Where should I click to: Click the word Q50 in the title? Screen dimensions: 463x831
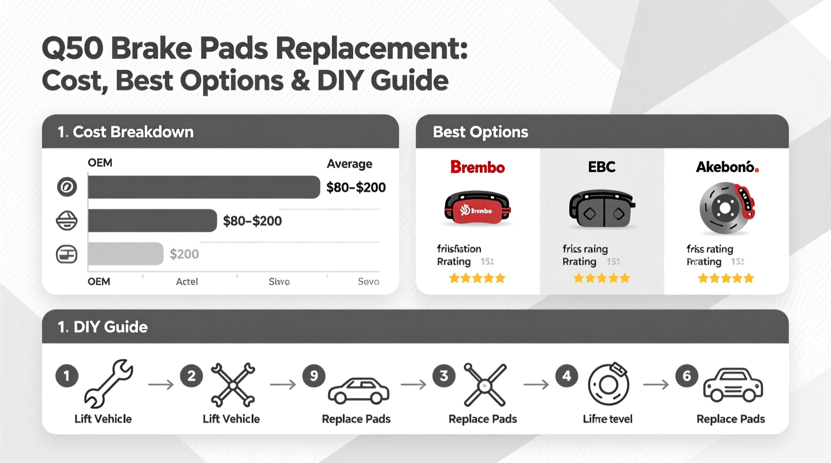[72, 49]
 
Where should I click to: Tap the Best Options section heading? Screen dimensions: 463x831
[480, 132]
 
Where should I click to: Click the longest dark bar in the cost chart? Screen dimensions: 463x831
[204, 187]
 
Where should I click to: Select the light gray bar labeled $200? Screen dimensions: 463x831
[125, 254]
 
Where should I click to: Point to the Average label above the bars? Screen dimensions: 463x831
[349, 164]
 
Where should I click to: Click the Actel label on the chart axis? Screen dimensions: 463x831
[187, 281]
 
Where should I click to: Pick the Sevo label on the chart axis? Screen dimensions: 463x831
[368, 281]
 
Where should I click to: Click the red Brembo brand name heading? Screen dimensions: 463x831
[477, 167]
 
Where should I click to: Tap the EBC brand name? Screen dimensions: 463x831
[601, 167]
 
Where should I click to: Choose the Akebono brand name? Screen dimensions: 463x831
[727, 167]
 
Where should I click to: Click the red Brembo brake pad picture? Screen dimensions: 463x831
[477, 208]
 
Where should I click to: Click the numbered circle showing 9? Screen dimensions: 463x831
[314, 376]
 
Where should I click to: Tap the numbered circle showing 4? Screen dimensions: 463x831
[566, 376]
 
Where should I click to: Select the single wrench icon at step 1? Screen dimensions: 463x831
[108, 384]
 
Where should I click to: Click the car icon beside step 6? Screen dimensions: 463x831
[733, 385]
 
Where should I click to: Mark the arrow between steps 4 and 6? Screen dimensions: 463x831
[656, 385]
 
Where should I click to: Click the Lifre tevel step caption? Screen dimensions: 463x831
[607, 419]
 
